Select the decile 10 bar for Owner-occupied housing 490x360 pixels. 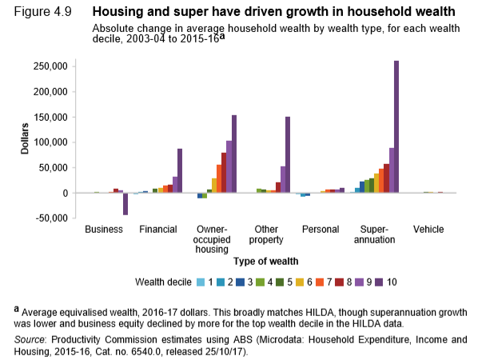234,154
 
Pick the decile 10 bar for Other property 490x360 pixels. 288,155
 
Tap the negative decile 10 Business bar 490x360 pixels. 125,204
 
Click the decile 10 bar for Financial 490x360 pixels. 180,171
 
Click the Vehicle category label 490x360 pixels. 428,230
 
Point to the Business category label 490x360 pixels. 103,230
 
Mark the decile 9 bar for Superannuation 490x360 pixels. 392,170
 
